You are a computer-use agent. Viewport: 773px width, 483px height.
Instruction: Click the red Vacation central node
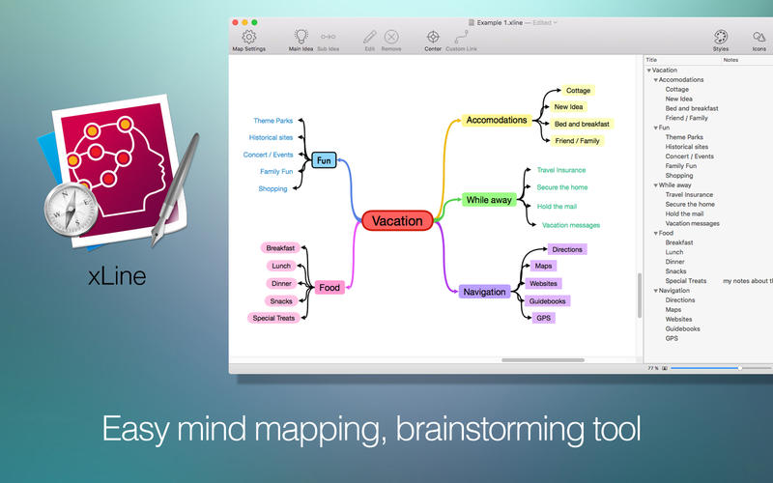[x=397, y=220]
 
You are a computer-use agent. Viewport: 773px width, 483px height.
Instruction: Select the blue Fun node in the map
[x=324, y=160]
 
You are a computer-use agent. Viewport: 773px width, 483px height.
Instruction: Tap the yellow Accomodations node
[x=496, y=121]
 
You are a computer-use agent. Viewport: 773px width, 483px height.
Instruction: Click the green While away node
[x=490, y=200]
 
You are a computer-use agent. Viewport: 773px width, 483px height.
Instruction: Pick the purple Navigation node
[x=484, y=292]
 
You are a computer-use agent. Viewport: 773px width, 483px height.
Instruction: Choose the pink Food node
[x=329, y=287]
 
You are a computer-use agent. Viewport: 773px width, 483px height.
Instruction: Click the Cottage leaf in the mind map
[x=578, y=91]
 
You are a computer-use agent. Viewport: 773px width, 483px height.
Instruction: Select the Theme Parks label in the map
[x=272, y=121]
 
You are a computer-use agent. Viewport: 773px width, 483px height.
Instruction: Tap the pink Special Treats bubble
[x=273, y=318]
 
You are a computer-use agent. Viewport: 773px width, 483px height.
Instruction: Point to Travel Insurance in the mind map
[x=561, y=170]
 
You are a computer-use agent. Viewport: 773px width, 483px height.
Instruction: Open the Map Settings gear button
[x=248, y=38]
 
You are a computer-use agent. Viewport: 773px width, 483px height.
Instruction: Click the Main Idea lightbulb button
[x=301, y=38]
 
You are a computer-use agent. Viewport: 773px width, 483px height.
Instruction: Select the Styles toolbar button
[x=721, y=38]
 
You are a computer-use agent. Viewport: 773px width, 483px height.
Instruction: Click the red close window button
[x=235, y=21]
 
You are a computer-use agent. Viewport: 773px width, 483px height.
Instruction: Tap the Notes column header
[x=730, y=60]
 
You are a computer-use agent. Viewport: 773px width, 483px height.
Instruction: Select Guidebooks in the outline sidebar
[x=682, y=328]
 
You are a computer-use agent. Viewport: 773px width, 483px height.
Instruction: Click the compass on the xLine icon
[x=71, y=209]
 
